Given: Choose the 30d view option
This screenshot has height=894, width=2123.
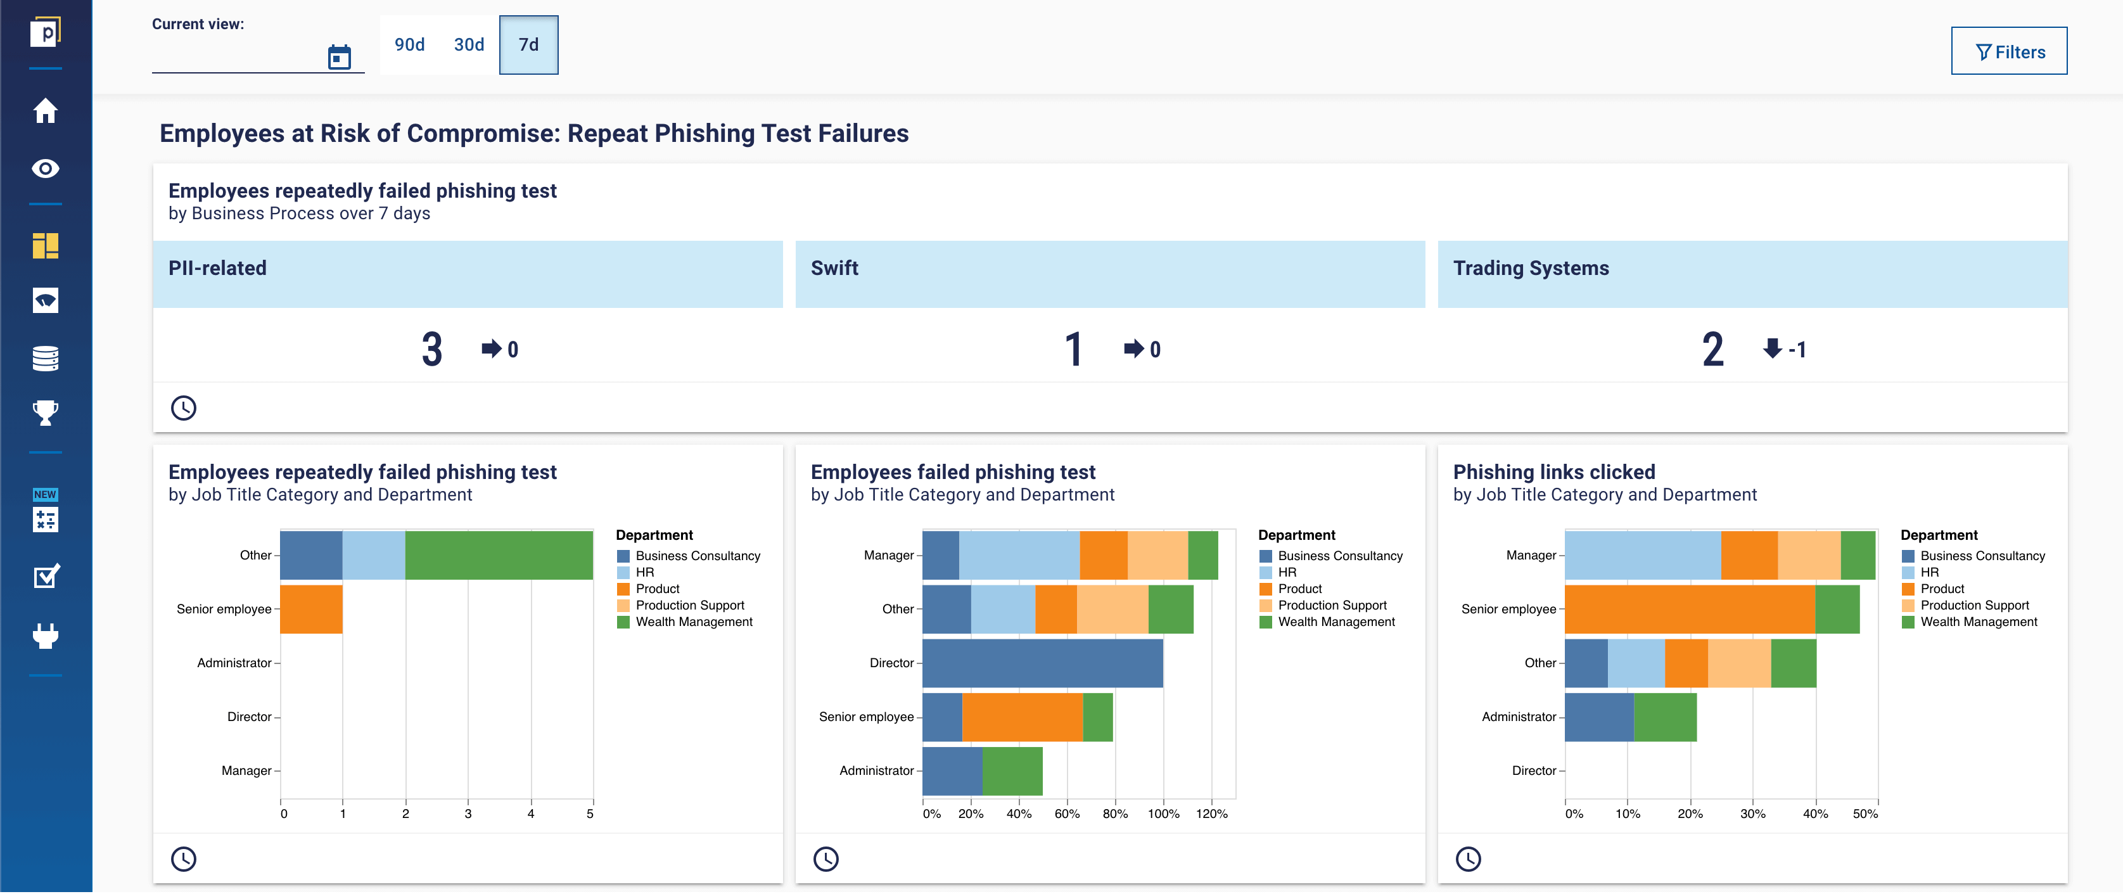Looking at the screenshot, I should pyautogui.click(x=469, y=44).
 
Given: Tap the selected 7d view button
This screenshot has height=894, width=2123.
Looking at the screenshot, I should pyautogui.click(x=528, y=44).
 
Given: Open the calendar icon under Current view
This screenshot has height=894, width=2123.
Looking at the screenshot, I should pyautogui.click(x=339, y=57).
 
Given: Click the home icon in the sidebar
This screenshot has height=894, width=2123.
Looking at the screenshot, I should pyautogui.click(x=46, y=110).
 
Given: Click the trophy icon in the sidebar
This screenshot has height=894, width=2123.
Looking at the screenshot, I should pyautogui.click(x=46, y=412).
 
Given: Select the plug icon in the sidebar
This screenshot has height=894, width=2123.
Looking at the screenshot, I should pyautogui.click(x=46, y=635).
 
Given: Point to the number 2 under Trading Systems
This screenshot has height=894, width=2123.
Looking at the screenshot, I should pyautogui.click(x=1712, y=349).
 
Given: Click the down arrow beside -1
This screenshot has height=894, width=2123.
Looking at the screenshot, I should pyautogui.click(x=1772, y=348).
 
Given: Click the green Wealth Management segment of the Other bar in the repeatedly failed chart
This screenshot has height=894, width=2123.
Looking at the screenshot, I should pyautogui.click(x=499, y=556).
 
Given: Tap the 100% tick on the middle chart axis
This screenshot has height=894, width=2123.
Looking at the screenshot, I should pyautogui.click(x=1163, y=814).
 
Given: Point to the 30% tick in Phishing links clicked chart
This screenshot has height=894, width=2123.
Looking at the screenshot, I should pyautogui.click(x=1752, y=814).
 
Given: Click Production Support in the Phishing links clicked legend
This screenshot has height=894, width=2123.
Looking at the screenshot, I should pyautogui.click(x=1974, y=605).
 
